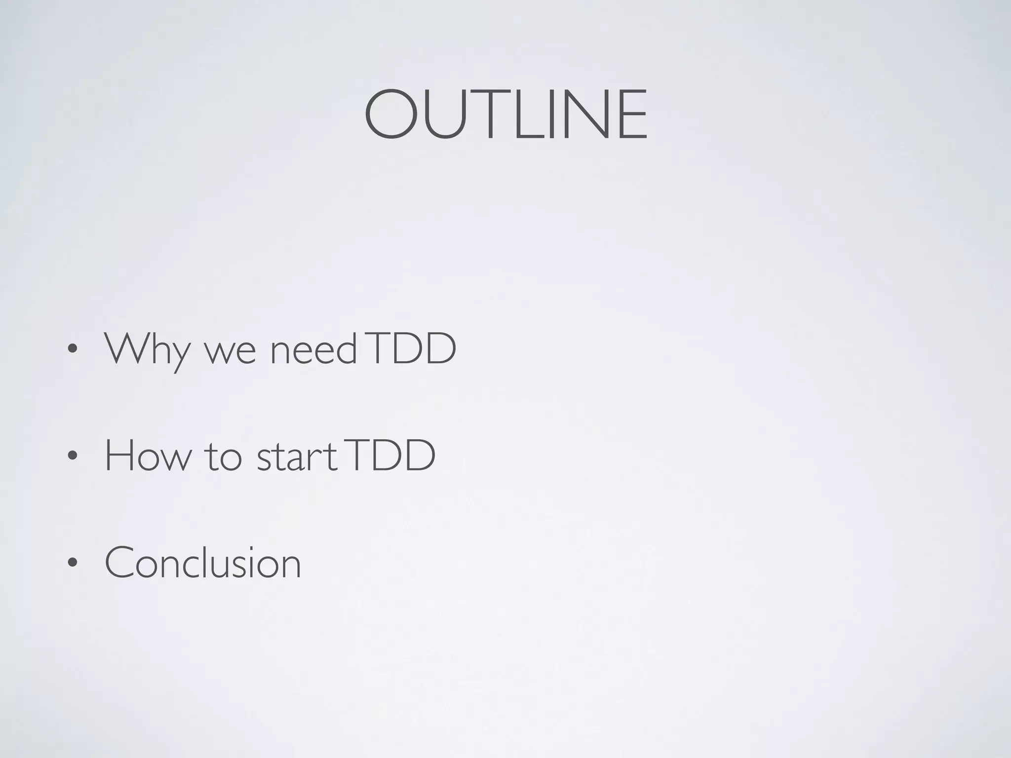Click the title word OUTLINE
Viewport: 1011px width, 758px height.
tap(505, 114)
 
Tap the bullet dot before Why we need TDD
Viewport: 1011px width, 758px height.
tap(73, 349)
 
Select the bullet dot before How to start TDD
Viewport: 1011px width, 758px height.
tap(73, 456)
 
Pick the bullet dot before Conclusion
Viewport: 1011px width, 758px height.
tap(73, 563)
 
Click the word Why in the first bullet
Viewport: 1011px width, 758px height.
tap(147, 349)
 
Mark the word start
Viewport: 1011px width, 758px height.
tap(297, 457)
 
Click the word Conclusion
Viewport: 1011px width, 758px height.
tap(203, 563)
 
